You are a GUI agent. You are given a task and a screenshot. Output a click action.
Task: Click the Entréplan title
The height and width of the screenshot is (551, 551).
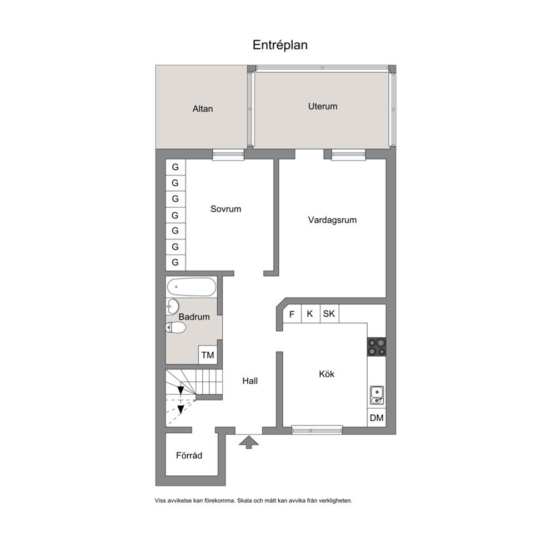(280, 46)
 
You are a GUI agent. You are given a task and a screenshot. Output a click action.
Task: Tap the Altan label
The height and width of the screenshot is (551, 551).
(202, 109)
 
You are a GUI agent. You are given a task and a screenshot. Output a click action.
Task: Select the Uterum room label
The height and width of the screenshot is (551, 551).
(323, 107)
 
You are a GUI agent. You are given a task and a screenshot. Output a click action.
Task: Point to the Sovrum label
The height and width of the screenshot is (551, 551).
(226, 209)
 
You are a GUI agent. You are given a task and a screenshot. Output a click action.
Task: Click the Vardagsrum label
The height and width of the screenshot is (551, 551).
(332, 221)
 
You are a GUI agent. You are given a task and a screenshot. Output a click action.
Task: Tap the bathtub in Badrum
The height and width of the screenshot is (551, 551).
(192, 287)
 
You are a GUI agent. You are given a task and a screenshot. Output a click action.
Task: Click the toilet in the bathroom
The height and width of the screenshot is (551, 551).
(176, 328)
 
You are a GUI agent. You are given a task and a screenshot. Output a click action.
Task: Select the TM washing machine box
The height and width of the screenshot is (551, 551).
(208, 355)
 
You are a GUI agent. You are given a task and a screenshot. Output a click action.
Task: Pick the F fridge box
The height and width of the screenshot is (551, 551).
(292, 314)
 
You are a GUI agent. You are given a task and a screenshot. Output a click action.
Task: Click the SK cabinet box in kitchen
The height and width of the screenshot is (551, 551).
(329, 314)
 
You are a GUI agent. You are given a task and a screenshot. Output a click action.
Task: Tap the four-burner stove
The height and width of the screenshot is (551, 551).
(377, 347)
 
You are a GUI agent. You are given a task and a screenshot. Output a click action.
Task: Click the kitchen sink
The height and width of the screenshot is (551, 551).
(377, 395)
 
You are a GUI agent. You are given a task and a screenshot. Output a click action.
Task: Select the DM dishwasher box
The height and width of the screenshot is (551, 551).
(377, 418)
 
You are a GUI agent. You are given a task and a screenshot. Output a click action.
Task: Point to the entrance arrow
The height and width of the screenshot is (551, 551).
(249, 442)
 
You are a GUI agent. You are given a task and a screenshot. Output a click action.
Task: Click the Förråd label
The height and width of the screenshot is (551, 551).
(189, 456)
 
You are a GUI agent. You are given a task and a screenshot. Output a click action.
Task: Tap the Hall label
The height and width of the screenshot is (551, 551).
(250, 381)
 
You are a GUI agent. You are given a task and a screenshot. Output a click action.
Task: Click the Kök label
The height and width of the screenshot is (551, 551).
(327, 374)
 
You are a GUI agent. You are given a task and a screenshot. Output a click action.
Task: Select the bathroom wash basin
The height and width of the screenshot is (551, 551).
(172, 307)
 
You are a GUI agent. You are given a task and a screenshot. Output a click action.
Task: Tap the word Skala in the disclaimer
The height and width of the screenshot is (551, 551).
(244, 501)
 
